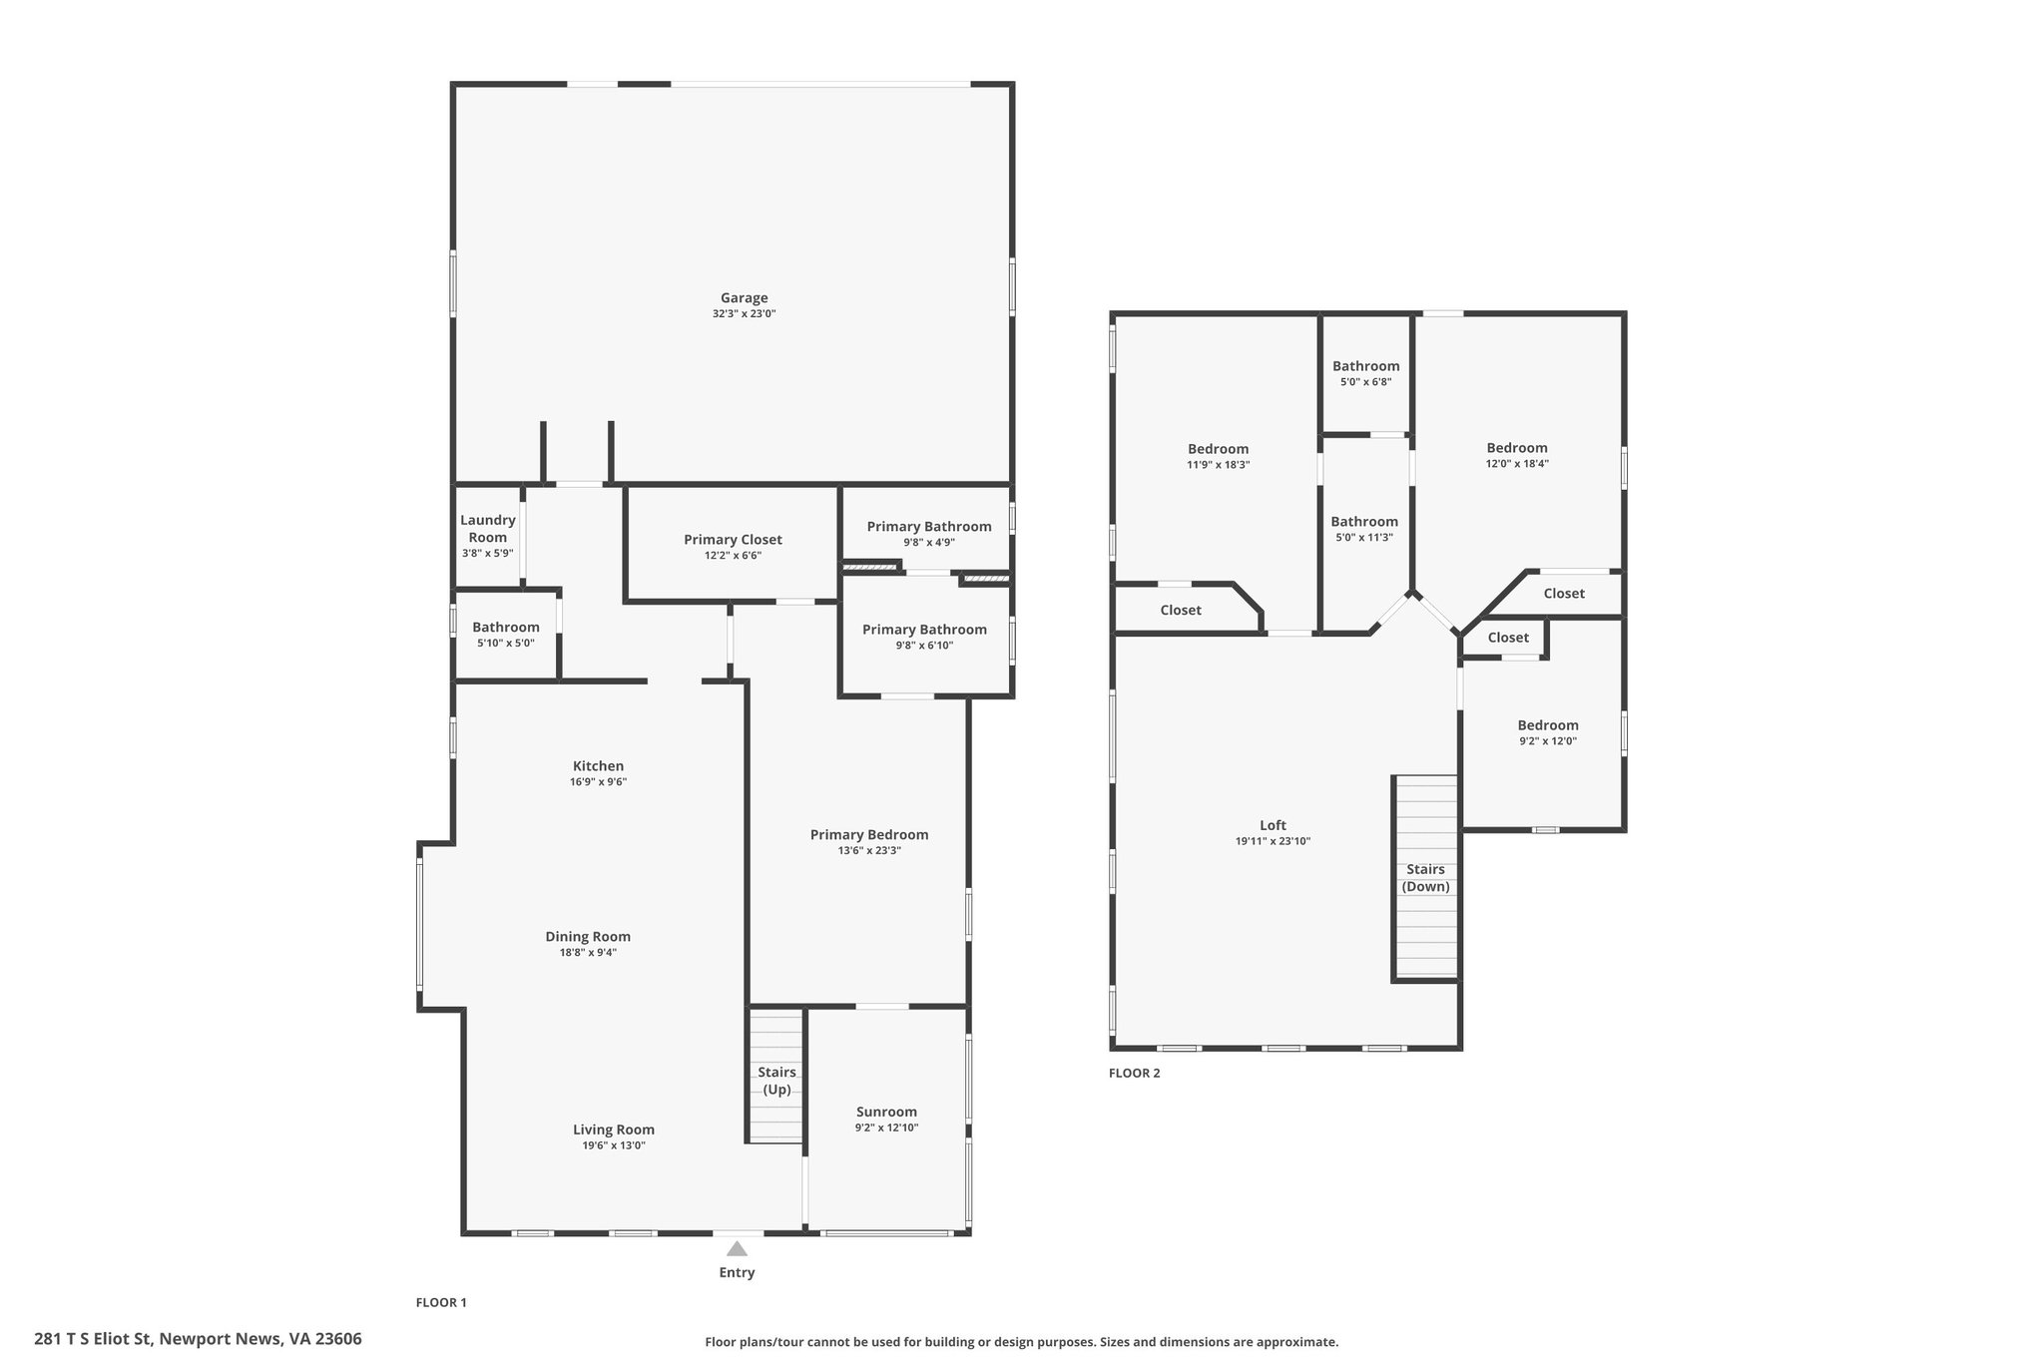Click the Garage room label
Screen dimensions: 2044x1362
point(745,297)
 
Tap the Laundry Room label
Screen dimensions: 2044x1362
point(488,529)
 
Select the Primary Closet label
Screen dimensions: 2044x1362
point(733,540)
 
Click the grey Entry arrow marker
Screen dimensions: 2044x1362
point(737,1248)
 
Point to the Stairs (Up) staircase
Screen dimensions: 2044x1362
point(776,1076)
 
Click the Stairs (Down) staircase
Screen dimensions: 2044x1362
point(1425,878)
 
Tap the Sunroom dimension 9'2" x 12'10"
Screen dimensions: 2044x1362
point(886,1128)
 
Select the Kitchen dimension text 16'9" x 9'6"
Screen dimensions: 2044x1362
point(598,782)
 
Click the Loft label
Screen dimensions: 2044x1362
point(1273,825)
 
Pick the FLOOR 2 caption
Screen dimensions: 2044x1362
point(1135,1074)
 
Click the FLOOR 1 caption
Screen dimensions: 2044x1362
point(441,1302)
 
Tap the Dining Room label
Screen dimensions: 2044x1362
point(588,936)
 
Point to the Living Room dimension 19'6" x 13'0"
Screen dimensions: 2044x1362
point(613,1145)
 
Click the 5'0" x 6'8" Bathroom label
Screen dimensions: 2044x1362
point(1365,366)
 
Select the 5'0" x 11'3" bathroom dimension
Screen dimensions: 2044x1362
point(1364,538)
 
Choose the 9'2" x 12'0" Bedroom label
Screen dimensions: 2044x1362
point(1548,725)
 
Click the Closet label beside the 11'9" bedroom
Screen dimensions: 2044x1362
point(1181,610)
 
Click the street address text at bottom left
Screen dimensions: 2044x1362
point(198,1339)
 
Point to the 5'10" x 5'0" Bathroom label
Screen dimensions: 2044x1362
point(506,628)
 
